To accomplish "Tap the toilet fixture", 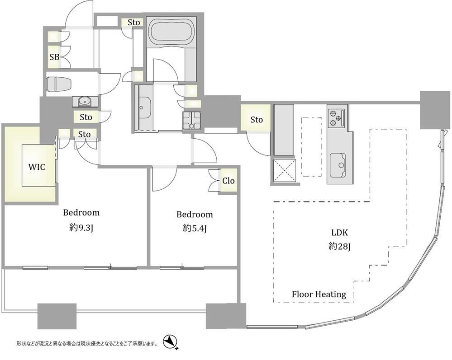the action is point(59,84).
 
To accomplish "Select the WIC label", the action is point(37,167).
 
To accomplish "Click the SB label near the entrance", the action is point(54,57).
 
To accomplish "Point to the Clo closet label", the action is point(228,181).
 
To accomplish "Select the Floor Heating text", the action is point(319,295).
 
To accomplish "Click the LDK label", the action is point(340,233).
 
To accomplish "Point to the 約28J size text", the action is point(340,247).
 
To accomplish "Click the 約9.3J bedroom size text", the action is point(81,228).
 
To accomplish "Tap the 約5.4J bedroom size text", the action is point(195,229).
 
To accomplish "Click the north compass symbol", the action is point(170,343).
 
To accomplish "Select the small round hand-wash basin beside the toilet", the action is point(85,101).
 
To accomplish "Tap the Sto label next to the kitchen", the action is point(256,119).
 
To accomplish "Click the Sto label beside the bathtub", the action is point(134,22).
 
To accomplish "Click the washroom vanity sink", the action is point(143,108).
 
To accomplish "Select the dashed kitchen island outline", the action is point(311,146).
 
